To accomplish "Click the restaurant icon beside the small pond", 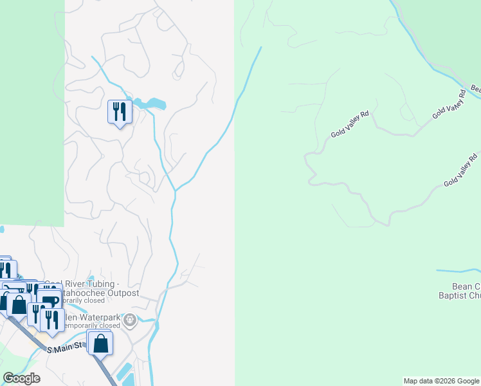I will [119, 113].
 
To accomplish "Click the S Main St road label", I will [67, 349].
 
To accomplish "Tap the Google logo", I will [21, 378].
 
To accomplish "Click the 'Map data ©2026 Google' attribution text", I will [441, 381].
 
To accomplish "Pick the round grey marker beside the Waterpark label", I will [130, 319].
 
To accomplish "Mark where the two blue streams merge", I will [174, 190].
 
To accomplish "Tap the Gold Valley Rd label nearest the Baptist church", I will [461, 170].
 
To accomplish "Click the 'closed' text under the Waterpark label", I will [107, 326].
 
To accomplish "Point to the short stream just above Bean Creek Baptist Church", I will [458, 271].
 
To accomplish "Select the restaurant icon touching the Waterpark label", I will [52, 319].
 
